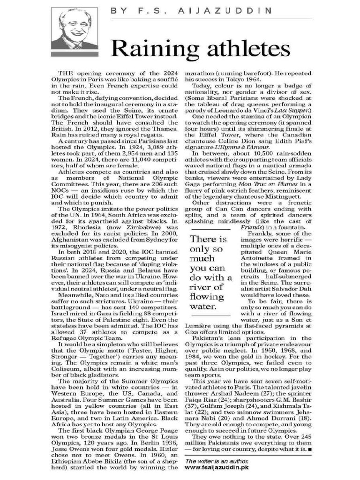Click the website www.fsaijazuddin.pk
(x=217, y=467)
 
